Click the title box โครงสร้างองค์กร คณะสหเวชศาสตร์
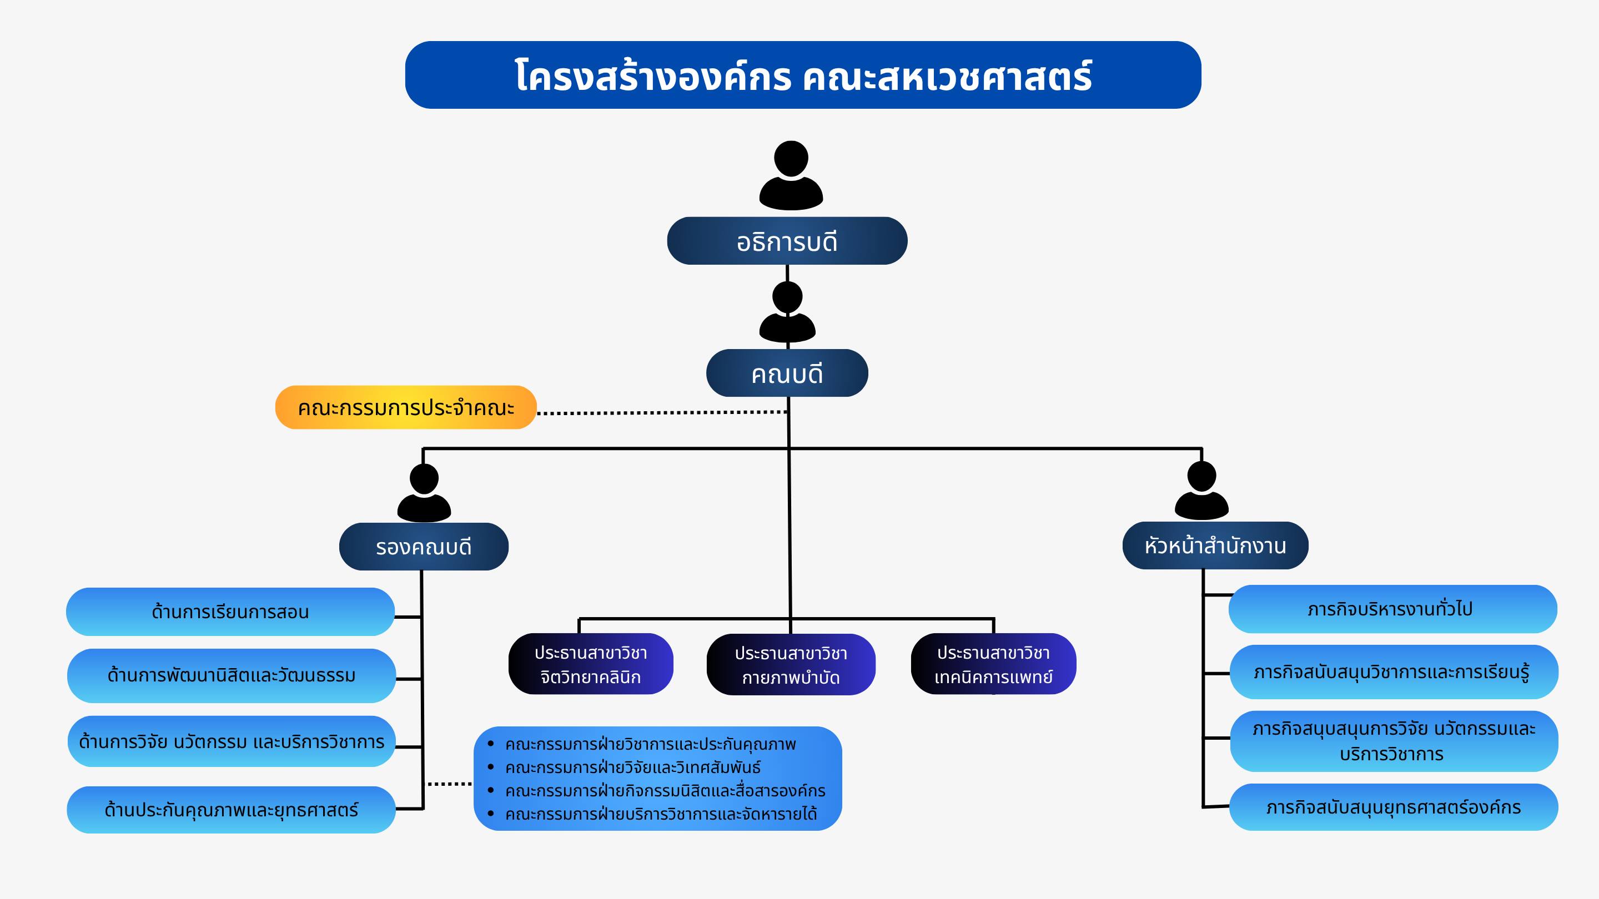click(803, 75)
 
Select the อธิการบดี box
click(787, 241)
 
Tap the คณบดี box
click(787, 373)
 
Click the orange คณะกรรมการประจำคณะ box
click(405, 408)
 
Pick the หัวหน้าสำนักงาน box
click(1215, 546)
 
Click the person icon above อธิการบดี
click(791, 175)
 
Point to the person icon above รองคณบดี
click(424, 493)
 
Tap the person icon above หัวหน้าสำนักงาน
click(1201, 490)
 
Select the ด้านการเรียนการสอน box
click(230, 612)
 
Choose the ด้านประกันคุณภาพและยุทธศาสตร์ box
click(231, 810)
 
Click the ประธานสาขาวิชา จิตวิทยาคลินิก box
click(590, 664)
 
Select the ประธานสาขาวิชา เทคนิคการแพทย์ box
click(993, 664)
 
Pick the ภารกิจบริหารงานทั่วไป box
click(1392, 609)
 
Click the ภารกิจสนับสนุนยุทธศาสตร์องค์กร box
click(1393, 807)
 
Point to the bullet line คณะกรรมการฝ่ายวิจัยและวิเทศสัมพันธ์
click(632, 767)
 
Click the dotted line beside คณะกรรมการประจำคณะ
click(661, 412)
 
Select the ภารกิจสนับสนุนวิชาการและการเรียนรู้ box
click(1393, 672)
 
